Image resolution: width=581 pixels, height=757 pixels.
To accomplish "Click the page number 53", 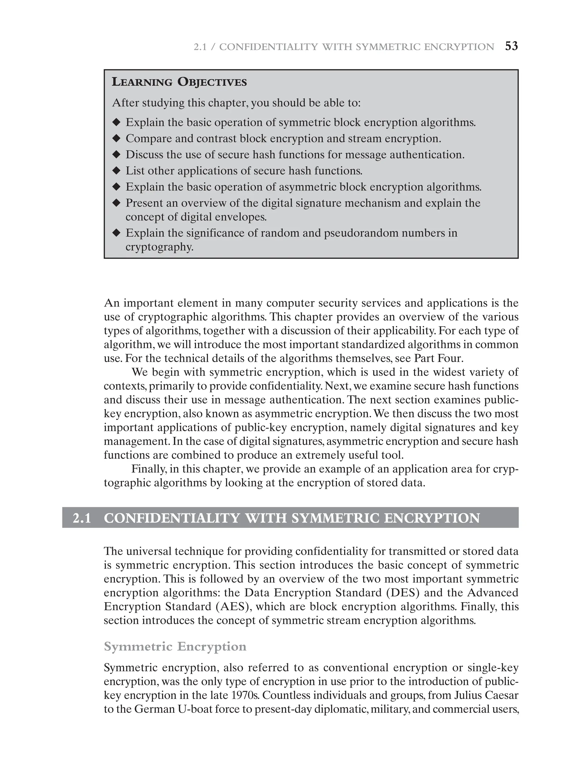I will (511, 46).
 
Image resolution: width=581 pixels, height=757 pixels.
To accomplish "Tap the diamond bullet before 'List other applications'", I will (117, 171).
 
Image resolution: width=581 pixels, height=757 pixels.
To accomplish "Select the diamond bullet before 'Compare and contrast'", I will (117, 139).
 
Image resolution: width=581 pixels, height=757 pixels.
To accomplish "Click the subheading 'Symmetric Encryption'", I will (175, 646).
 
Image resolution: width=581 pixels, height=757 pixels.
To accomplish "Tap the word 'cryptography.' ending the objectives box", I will (159, 248).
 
